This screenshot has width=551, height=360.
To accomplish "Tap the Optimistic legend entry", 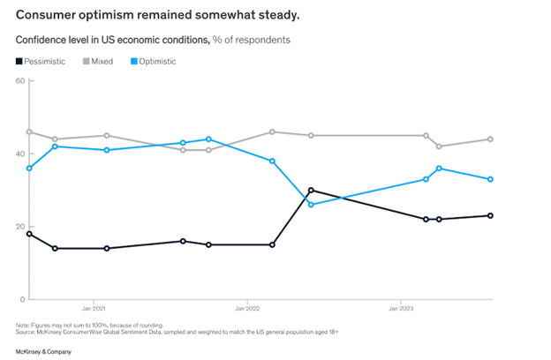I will [154, 61].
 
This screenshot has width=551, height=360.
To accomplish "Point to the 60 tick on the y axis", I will [19, 81].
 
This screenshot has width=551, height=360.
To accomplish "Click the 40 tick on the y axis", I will [19, 154].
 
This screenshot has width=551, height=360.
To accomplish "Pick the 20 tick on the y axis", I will [19, 227].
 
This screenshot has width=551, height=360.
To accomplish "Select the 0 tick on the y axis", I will [21, 300].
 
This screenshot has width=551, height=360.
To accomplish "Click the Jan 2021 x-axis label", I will [94, 310].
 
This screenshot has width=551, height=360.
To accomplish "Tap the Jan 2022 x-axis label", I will [246, 310].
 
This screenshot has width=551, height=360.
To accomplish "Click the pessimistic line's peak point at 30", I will [311, 190].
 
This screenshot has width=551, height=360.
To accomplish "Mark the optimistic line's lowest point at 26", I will [311, 205].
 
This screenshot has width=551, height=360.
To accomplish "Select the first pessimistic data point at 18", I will [29, 234].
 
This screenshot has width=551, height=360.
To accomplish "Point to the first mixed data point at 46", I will [29, 131].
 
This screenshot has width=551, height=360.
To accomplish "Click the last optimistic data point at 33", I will [490, 179].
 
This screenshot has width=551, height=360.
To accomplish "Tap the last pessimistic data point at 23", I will [490, 215].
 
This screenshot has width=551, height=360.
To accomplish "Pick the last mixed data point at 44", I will [490, 139].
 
